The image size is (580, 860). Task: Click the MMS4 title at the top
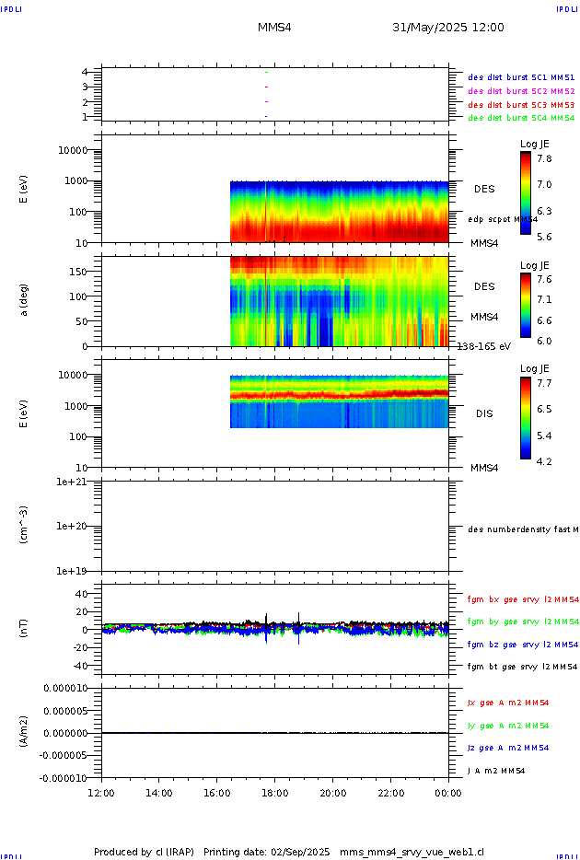point(274,28)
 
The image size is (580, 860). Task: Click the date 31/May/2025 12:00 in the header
point(448,28)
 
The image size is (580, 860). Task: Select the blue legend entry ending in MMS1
point(521,77)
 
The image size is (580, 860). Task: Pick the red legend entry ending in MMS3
point(521,104)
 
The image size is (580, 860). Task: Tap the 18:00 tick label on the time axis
point(274,792)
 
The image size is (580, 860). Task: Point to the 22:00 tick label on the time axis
point(390,792)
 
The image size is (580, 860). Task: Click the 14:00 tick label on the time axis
point(159,792)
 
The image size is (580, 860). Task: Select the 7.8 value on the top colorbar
point(544,158)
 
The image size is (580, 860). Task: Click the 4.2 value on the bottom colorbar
point(544,460)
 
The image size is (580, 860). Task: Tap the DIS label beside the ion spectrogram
point(484,413)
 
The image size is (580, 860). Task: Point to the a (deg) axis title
point(26,300)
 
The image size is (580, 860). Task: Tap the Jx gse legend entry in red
point(508,703)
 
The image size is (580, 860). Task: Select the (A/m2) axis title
point(26,732)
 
